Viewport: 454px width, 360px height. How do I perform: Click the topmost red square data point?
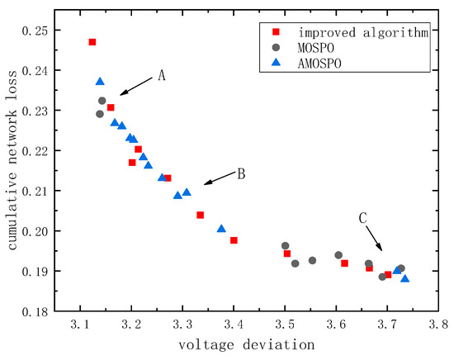point(92,42)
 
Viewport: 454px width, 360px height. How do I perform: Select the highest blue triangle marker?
point(100,82)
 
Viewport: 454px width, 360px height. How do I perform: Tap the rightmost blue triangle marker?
point(405,278)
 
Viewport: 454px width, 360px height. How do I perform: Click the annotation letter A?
point(162,74)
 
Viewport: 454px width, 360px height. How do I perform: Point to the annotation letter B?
point(241,173)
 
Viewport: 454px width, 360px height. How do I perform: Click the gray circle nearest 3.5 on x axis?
point(286,246)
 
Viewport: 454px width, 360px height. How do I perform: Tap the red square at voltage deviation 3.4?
point(234,240)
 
